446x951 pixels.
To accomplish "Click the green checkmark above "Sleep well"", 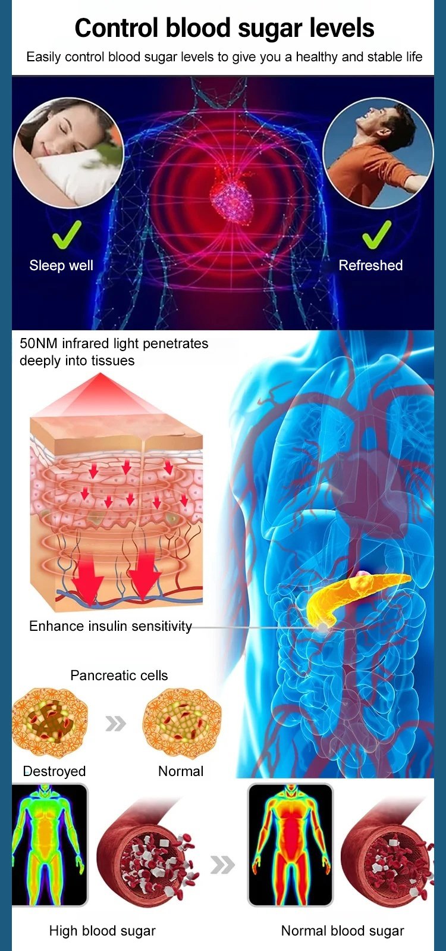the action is tap(67, 235).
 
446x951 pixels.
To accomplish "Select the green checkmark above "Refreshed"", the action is tap(377, 235).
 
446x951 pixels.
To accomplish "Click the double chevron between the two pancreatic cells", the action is tap(116, 724).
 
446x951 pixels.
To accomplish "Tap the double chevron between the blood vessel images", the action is tap(222, 865).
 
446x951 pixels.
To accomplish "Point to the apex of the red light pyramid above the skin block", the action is tap(100, 373).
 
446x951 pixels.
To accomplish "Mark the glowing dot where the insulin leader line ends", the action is tap(323, 627).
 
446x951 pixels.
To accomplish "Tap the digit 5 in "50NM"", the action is tap(23, 343).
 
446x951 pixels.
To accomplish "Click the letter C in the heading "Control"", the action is tap(84, 28).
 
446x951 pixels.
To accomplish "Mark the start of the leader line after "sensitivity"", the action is tap(192, 627).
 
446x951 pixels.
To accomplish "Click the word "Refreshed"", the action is tap(370, 265).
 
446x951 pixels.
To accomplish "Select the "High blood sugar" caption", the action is tap(102, 931).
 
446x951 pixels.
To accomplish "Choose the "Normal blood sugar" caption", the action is tap(343, 931).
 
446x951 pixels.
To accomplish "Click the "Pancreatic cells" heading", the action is tap(120, 675).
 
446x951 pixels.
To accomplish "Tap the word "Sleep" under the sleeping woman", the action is tap(46, 266).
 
